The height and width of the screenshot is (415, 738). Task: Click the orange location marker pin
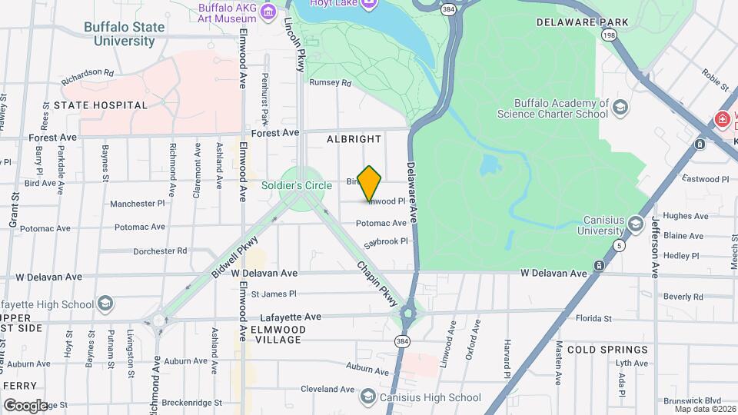(x=370, y=183)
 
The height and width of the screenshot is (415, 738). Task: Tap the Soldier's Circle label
(x=297, y=185)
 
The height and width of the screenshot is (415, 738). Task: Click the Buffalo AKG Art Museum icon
(x=268, y=11)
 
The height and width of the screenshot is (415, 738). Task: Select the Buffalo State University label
(x=125, y=34)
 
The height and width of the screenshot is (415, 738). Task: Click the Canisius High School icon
(x=367, y=397)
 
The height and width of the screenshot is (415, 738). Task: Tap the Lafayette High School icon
(x=105, y=304)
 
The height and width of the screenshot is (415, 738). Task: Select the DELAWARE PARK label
(x=583, y=22)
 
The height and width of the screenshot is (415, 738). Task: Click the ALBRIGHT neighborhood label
(x=354, y=139)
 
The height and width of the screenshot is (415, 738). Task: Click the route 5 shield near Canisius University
(x=619, y=245)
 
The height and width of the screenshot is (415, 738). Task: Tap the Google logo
(x=25, y=405)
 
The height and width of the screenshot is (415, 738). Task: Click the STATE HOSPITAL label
(x=100, y=105)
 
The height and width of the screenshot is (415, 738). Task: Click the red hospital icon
(x=722, y=119)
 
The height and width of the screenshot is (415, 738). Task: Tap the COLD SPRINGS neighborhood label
(x=607, y=350)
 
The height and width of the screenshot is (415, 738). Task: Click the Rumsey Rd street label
(x=330, y=82)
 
